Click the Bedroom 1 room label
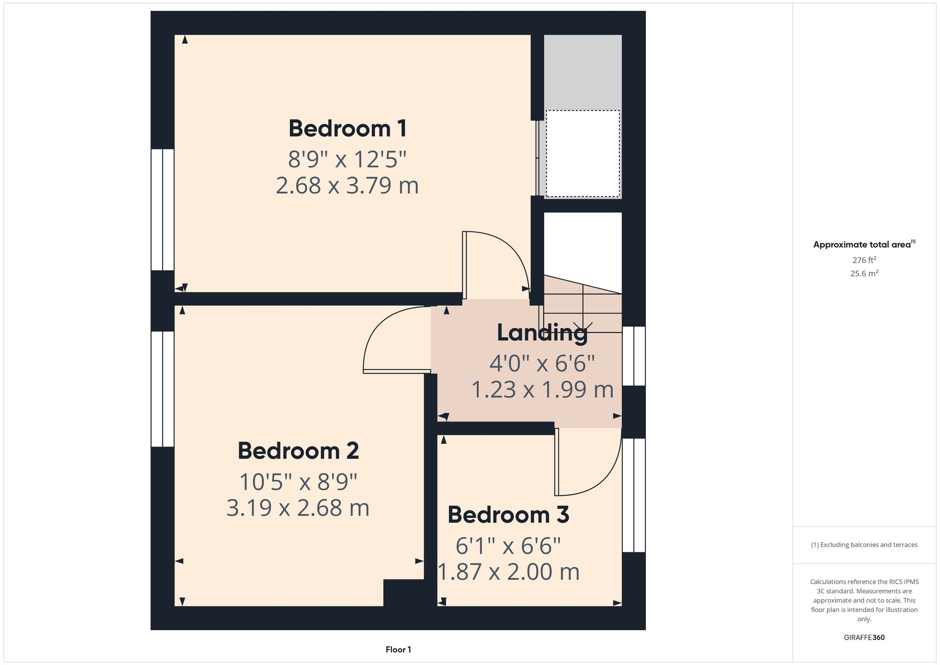tap(347, 129)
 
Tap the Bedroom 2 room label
tap(298, 451)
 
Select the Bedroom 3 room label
tap(508, 515)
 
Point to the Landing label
tap(542, 333)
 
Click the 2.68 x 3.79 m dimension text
tap(347, 186)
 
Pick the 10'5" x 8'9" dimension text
tap(298, 482)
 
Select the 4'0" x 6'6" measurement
tap(542, 363)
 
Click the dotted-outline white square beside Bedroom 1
tap(582, 154)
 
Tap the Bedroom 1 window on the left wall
tap(163, 210)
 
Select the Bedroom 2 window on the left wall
tap(163, 389)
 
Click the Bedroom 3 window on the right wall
tap(634, 495)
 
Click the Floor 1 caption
tap(398, 649)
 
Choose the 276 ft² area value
tap(864, 260)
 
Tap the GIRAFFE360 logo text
tap(864, 638)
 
